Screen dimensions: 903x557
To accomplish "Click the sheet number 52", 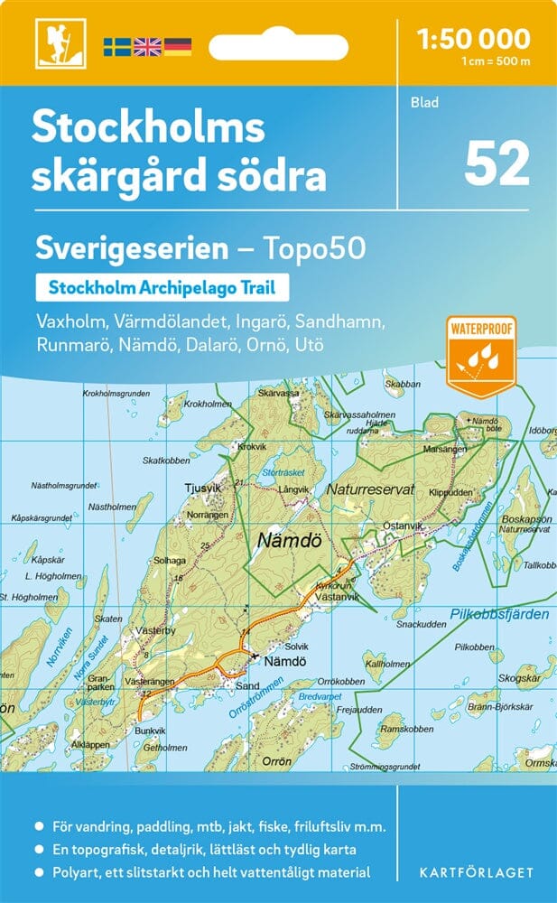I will click(497, 164).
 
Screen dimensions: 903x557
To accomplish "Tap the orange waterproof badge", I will click(480, 356).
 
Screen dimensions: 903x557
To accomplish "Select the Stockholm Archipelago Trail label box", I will click(162, 289).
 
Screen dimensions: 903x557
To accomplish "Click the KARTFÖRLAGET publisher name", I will click(476, 872).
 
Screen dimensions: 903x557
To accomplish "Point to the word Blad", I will click(423, 103).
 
